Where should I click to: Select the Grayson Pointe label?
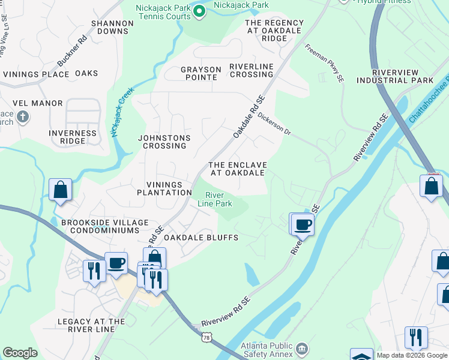coord(200,73)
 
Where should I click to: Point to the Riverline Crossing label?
coord(251,70)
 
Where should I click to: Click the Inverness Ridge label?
coord(73,137)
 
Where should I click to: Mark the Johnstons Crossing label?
coord(164,142)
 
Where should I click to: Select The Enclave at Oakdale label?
coord(237,169)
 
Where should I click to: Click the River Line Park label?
coord(215,199)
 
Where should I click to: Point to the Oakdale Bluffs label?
coord(201,238)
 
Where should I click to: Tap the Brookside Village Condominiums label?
coord(104,227)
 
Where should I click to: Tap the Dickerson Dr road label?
coord(274,124)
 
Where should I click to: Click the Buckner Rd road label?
coord(73,51)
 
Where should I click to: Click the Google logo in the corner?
coord(20,353)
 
